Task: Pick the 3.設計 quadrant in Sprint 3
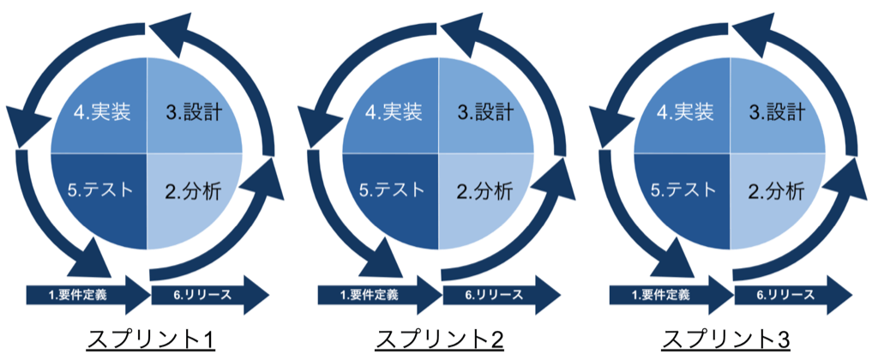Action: [x=776, y=113]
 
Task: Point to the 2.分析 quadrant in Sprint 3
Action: [x=776, y=190]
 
